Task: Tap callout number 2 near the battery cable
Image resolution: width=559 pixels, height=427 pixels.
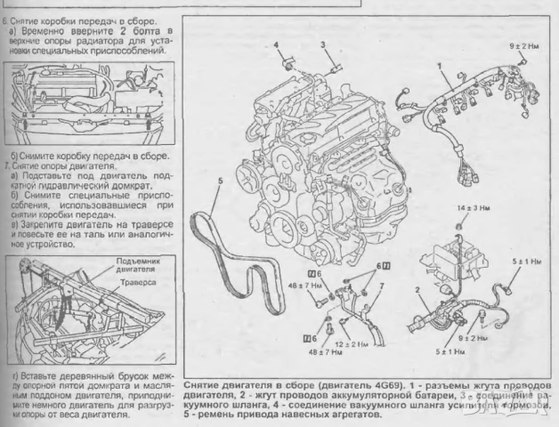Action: click(417, 290)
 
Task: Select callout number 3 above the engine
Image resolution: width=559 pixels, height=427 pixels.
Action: click(323, 43)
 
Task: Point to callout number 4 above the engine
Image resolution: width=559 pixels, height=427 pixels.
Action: click(278, 44)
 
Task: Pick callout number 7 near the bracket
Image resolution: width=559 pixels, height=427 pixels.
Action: click(381, 286)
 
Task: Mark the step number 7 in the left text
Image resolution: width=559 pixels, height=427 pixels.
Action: click(8, 166)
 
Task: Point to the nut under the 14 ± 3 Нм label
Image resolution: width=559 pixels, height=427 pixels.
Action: click(458, 226)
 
